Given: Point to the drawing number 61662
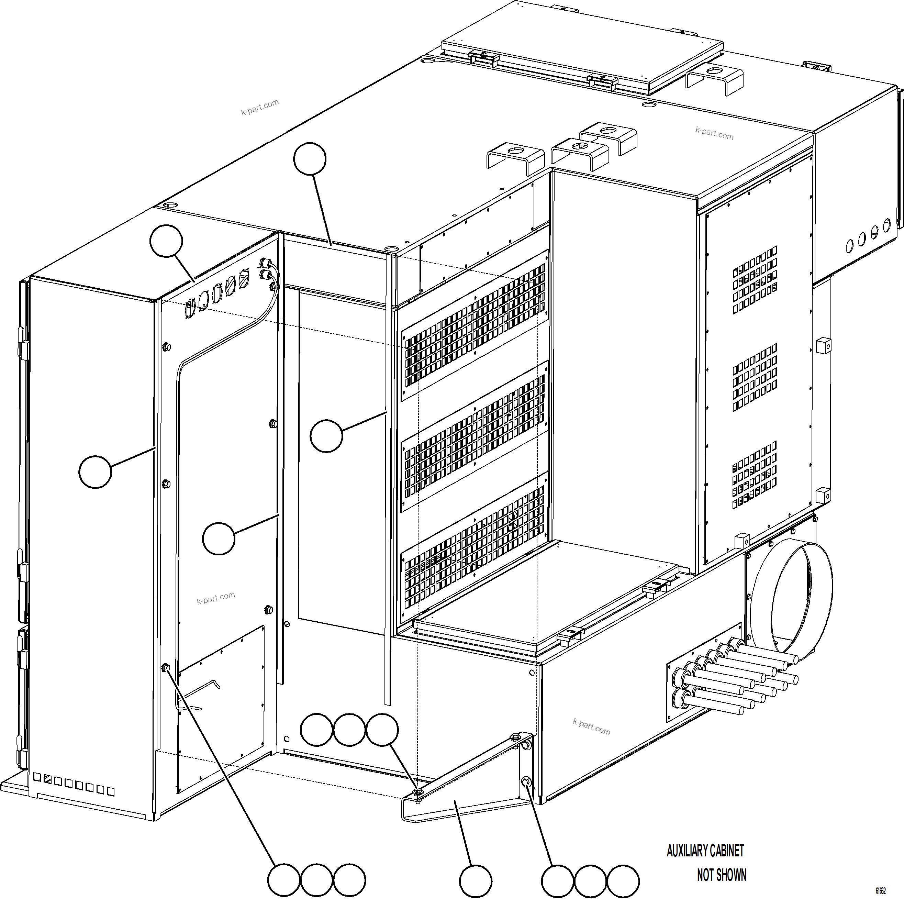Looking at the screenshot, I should click(x=881, y=891).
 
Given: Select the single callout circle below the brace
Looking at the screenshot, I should click(x=476, y=881).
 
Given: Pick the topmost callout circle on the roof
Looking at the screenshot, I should click(x=310, y=159).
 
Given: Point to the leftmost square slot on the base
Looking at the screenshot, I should click(x=37, y=777).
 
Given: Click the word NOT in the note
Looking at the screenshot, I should click(x=705, y=875).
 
